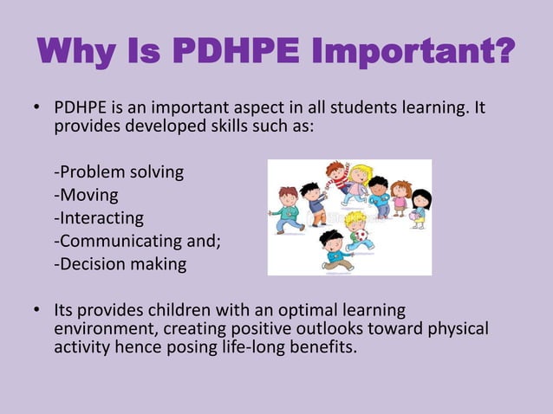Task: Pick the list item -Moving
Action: pos(86,195)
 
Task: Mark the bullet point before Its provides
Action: pos(38,310)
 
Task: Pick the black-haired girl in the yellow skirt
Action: pos(420,209)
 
